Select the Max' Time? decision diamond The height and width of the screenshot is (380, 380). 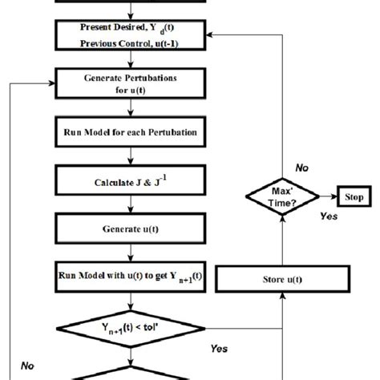pos(281,196)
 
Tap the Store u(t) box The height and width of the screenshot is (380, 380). pos(281,279)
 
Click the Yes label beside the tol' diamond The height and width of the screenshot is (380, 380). pos(219,349)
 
